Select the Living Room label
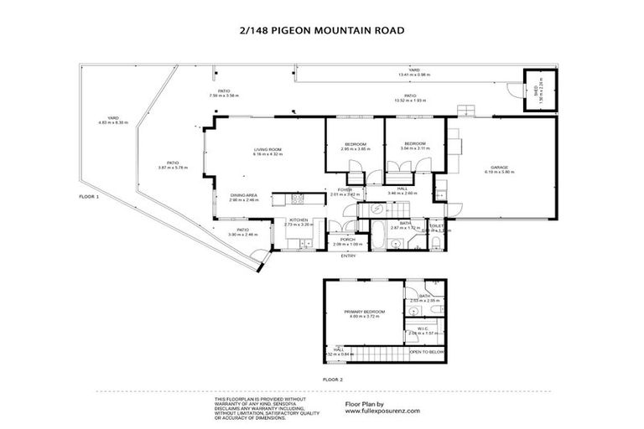(268, 149)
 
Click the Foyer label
(344, 190)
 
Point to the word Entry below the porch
(348, 256)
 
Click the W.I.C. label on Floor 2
(424, 328)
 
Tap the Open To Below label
(427, 352)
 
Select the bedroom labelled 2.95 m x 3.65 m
(354, 148)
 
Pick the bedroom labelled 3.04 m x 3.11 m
(415, 147)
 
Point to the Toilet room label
(436, 225)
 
